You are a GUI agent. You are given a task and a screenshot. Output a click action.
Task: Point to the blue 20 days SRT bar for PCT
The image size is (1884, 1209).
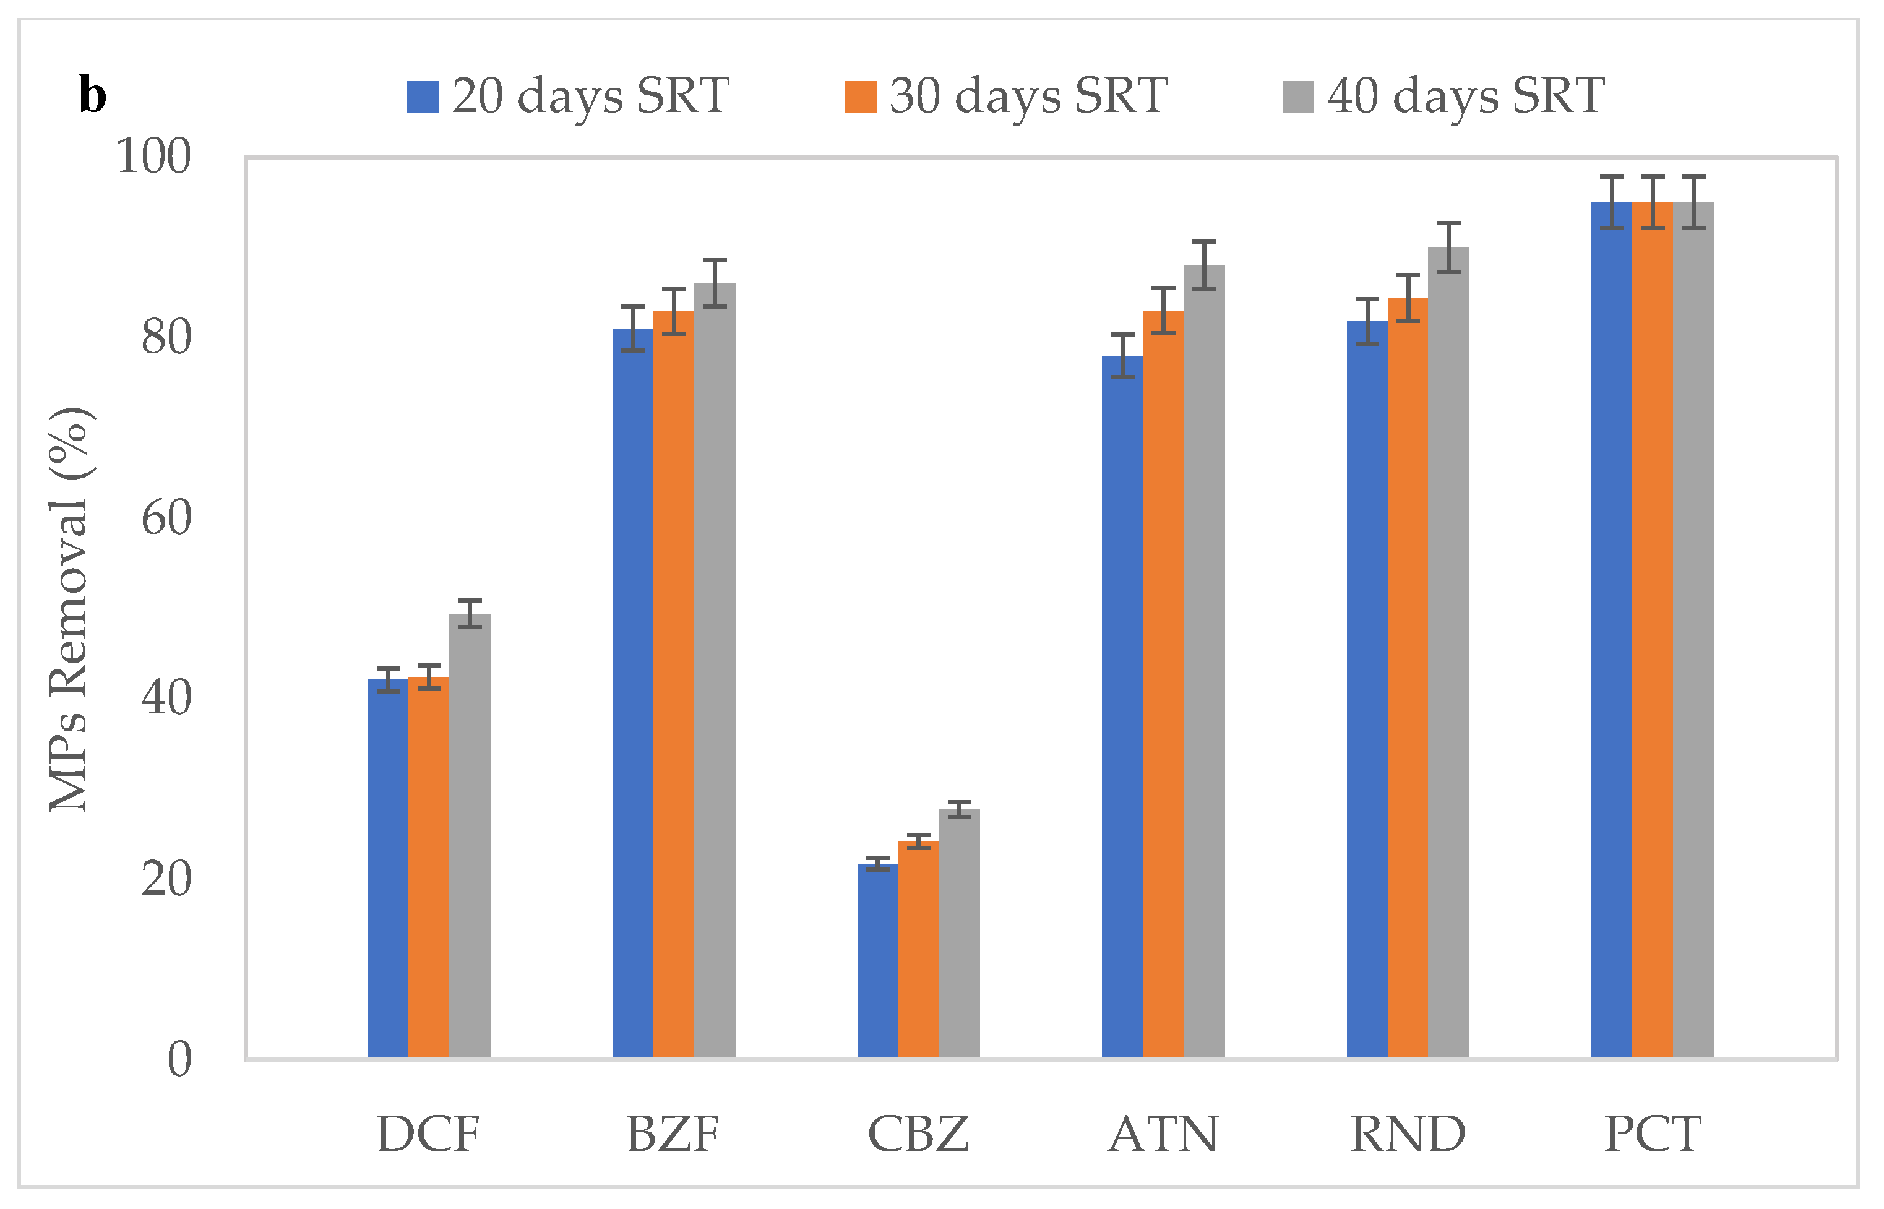tap(1612, 628)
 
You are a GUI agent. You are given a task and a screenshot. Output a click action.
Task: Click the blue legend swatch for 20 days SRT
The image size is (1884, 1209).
tap(423, 97)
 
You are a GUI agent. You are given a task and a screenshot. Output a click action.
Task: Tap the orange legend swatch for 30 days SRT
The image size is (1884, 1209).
tap(861, 97)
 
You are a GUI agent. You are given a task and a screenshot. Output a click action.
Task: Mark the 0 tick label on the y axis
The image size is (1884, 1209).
tap(180, 1059)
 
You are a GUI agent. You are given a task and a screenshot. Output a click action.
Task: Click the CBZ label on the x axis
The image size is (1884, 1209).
tap(918, 1134)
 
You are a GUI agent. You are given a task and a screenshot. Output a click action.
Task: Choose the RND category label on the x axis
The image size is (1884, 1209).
tap(1408, 1134)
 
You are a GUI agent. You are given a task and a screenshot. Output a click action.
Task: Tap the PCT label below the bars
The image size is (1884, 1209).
tap(1653, 1134)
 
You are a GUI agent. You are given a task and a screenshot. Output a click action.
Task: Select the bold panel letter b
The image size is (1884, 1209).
tap(93, 96)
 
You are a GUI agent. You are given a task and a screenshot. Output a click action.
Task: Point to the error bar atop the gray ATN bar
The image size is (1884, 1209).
tap(1204, 265)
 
